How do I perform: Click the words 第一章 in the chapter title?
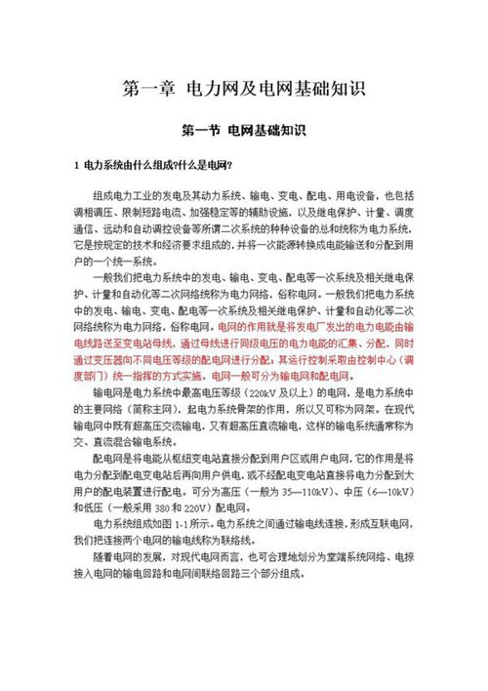click(148, 89)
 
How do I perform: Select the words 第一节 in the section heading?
click(202, 129)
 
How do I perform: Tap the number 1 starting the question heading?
click(75, 165)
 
